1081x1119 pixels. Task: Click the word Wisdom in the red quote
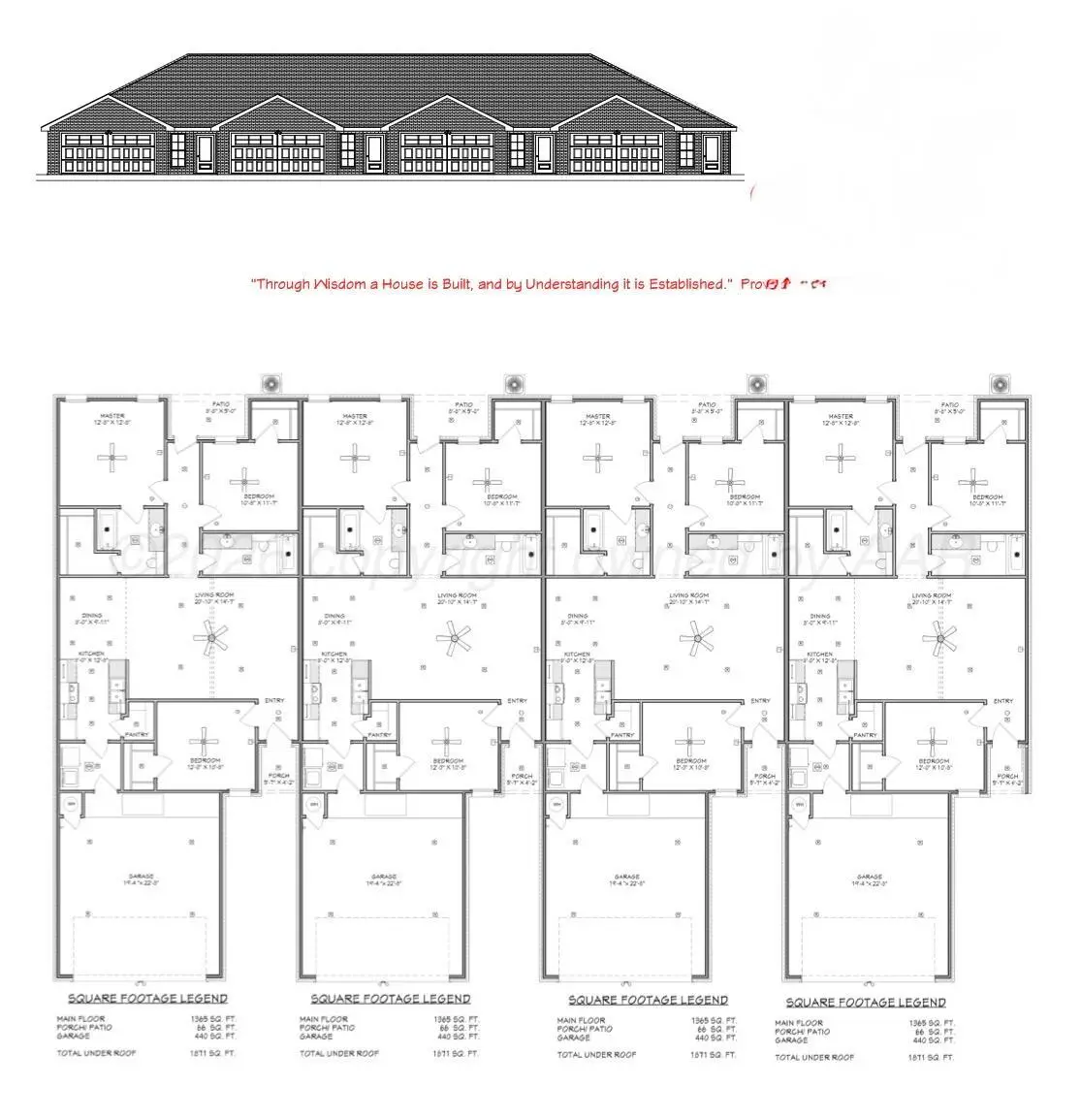[338, 284]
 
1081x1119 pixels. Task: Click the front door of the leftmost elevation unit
[205, 152]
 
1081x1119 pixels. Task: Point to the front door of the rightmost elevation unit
[712, 152]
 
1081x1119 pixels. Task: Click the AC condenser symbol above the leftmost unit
[271, 385]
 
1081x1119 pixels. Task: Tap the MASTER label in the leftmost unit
[112, 416]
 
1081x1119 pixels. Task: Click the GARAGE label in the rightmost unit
[870, 877]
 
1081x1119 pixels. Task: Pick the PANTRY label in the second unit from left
[379, 735]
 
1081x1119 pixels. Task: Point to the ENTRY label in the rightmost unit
[1003, 701]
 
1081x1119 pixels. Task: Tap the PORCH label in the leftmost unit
[278, 776]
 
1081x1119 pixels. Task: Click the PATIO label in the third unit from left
[708, 404]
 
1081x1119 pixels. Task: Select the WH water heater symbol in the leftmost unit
[71, 804]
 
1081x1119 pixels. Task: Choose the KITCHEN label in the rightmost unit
[820, 655]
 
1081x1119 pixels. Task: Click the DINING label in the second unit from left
[334, 616]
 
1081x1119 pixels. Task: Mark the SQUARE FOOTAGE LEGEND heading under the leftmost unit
[147, 998]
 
